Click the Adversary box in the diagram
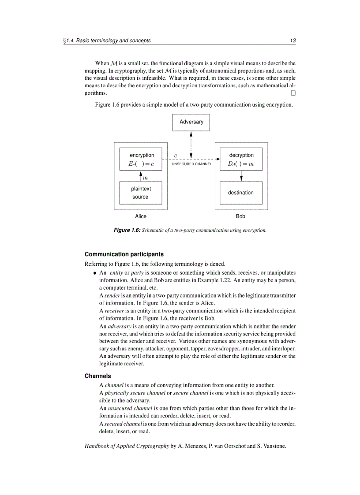click(191, 122)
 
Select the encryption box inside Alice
click(141, 160)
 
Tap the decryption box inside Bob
click(241, 160)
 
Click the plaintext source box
click(141, 193)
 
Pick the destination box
click(241, 193)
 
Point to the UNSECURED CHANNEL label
click(191, 164)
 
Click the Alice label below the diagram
click(141, 216)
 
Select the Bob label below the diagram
click(240, 216)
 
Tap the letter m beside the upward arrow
click(145, 178)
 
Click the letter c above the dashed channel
click(176, 155)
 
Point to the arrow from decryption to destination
click(241, 176)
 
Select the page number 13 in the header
click(292, 41)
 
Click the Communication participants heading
click(124, 254)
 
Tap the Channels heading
click(97, 376)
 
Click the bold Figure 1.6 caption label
click(127, 230)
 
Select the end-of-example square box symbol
click(293, 93)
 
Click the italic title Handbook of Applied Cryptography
click(127, 446)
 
